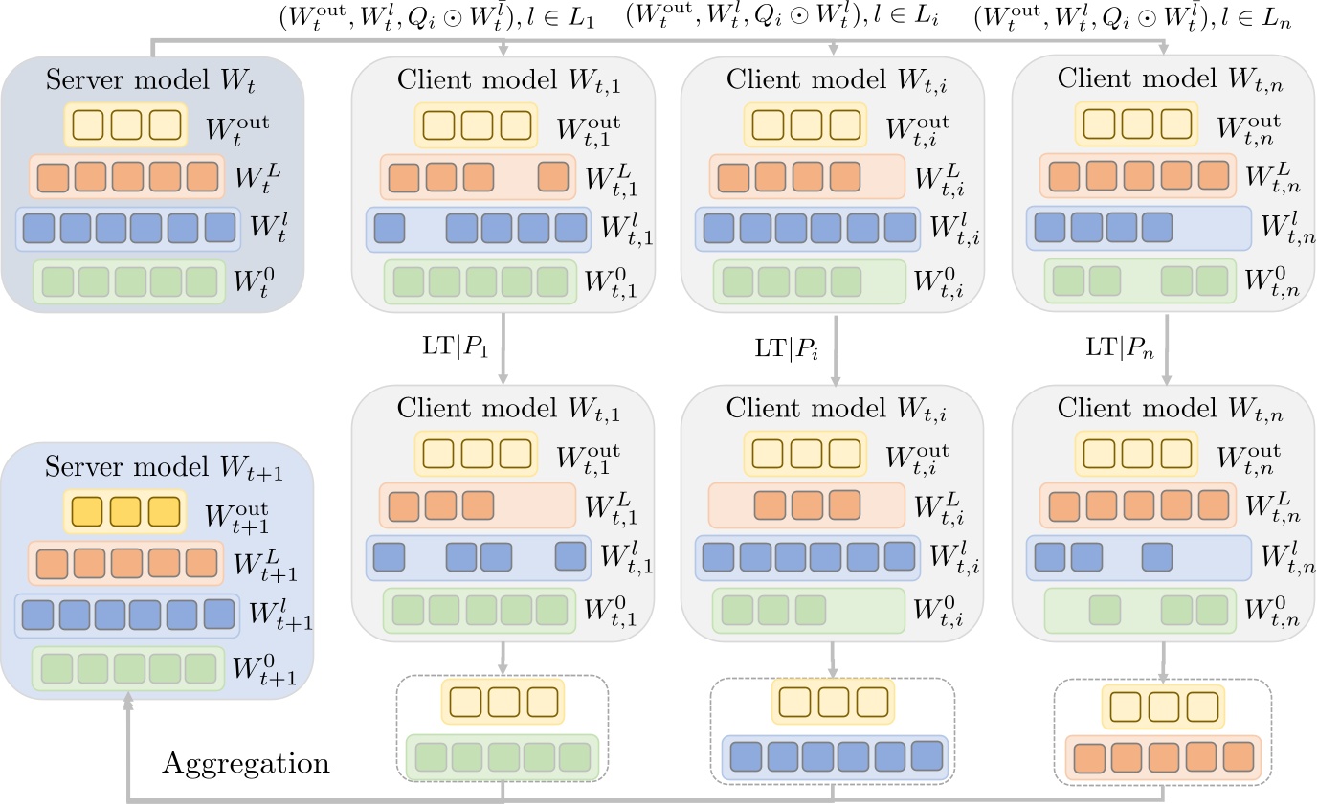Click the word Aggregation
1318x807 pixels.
tap(246, 764)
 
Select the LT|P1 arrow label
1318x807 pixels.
tap(455, 347)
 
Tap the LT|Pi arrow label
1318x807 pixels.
tap(786, 348)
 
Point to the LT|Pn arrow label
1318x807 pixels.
tap(1119, 347)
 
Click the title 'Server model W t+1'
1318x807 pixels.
tap(164, 467)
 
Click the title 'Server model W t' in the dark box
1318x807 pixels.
tap(150, 80)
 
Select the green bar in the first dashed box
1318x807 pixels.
tap(503, 757)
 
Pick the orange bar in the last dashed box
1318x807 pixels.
tap(1163, 758)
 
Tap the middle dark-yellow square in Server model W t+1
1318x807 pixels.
tap(125, 511)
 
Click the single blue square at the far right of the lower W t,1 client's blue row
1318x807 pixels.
tap(570, 557)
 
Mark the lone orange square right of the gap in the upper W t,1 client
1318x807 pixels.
tap(553, 177)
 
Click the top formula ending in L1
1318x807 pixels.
tap(437, 18)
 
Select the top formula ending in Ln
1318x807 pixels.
tap(1132, 18)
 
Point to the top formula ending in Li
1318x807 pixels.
tap(782, 17)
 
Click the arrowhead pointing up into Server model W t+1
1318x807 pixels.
tap(128, 699)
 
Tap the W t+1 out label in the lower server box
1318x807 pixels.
tap(236, 517)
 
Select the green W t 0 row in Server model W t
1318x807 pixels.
tap(129, 282)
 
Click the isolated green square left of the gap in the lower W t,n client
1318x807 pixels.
tap(1105, 611)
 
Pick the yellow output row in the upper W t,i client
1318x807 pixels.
tap(806, 124)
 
